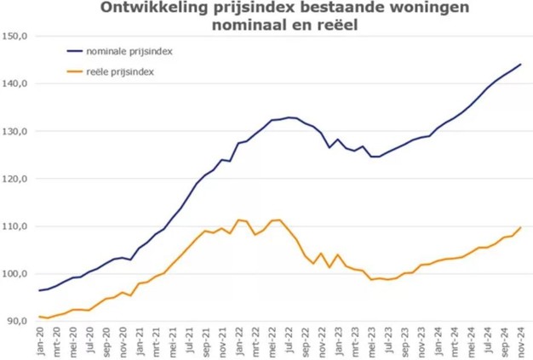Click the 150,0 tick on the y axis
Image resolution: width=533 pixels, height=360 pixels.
(15, 37)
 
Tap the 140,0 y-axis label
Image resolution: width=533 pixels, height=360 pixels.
(15, 84)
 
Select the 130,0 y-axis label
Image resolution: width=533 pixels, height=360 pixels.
(15, 132)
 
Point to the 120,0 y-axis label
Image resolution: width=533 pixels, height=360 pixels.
(15, 179)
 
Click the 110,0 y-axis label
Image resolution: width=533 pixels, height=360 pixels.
(15, 226)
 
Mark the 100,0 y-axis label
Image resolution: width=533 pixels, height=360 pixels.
(15, 274)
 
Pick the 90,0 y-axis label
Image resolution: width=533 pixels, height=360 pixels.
(17, 321)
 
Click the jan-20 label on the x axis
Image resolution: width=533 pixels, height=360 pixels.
(41, 340)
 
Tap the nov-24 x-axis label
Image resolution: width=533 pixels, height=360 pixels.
(519, 340)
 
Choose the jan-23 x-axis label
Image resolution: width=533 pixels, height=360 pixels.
(338, 340)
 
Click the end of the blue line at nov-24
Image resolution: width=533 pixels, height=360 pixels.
(520, 65)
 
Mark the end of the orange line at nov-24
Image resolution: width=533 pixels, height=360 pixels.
(520, 227)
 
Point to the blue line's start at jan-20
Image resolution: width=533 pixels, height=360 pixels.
(40, 291)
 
